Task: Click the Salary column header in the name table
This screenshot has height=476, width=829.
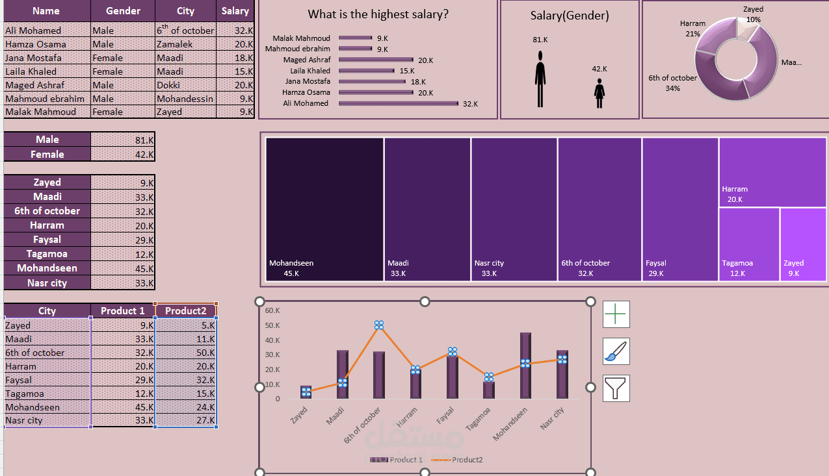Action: [235, 11]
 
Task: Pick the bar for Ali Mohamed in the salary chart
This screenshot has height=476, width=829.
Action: [398, 103]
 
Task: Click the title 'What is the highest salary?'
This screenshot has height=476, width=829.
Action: [378, 14]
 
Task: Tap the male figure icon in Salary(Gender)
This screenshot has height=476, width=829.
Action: [540, 80]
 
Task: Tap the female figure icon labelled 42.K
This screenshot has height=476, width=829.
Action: [599, 94]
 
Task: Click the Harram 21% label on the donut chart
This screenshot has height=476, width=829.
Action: [692, 28]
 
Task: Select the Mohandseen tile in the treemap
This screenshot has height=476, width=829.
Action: [324, 208]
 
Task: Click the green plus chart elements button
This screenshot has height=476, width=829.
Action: [616, 314]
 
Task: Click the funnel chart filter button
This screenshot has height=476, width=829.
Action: [616, 388]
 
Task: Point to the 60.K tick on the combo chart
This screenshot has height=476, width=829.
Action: [272, 310]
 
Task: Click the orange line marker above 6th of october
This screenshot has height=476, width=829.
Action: [379, 325]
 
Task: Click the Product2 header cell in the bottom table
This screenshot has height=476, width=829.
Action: [185, 310]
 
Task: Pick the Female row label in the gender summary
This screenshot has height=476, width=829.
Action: [47, 155]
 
